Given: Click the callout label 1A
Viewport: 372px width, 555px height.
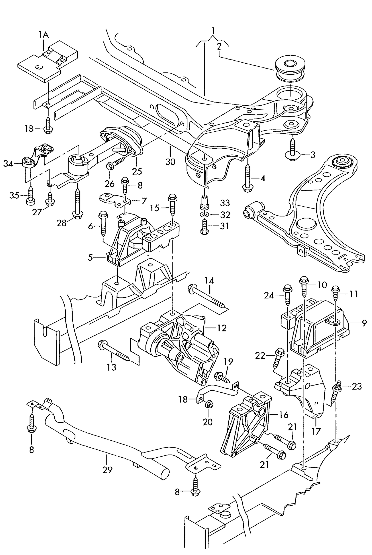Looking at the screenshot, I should point(43,35).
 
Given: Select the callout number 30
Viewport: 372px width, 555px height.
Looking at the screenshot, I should point(170,162).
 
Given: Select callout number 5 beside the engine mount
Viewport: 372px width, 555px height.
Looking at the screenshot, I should point(90,257).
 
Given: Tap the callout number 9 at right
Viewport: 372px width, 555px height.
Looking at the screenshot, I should point(364,323).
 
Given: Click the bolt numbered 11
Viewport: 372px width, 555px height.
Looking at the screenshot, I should point(335,294).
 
